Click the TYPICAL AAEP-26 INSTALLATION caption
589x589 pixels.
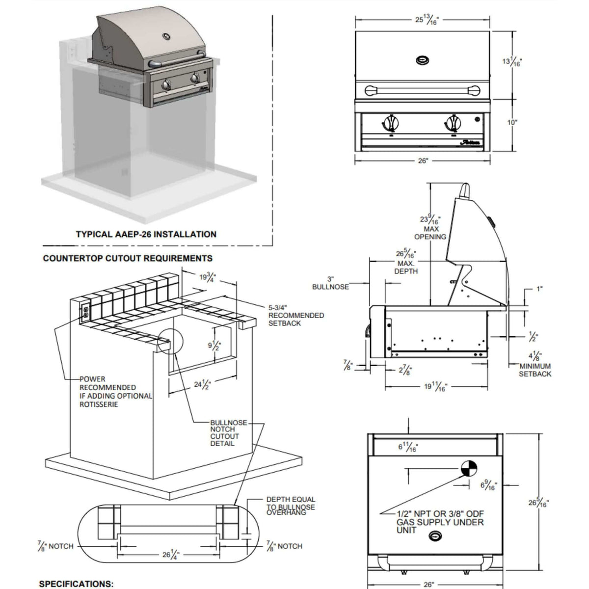click(x=146, y=234)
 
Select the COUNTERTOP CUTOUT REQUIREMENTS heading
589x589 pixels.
click(x=128, y=258)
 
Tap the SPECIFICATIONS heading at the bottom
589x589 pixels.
click(x=76, y=584)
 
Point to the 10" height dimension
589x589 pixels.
click(x=512, y=122)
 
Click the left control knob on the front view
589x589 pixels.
click(x=390, y=121)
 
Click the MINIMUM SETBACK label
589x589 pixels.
click(x=535, y=370)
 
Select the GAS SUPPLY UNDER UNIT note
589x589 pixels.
click(x=439, y=521)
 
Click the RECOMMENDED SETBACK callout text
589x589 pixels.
click(x=295, y=316)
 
